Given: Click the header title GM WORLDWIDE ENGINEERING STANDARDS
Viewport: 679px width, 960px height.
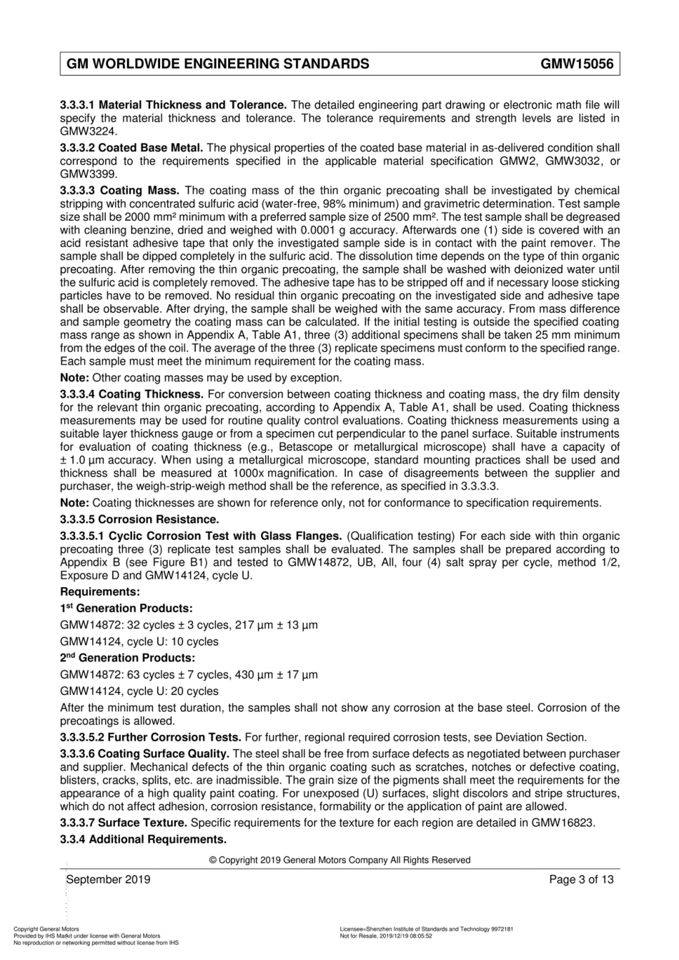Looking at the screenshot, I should pos(218,64).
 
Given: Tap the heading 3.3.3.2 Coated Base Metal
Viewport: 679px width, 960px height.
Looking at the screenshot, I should pos(132,148).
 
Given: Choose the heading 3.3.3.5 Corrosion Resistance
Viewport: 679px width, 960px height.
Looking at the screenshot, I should pos(139,519).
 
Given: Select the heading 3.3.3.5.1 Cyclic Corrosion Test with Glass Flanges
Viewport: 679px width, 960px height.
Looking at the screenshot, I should pos(201,536).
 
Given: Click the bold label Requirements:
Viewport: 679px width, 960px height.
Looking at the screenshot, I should pos(100,592).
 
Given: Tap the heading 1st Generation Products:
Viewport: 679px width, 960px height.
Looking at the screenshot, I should pos(127,609).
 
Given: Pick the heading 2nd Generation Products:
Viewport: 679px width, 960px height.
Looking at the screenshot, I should pos(127,658).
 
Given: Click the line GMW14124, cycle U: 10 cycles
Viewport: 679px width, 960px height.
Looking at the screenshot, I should pos(139,641).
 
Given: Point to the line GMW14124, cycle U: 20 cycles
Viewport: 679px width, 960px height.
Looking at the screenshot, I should pos(139,691).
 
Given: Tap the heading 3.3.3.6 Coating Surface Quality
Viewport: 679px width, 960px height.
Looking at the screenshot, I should pos(145,754).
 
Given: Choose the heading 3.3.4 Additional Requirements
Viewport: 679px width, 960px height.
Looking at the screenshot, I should pos(143,839).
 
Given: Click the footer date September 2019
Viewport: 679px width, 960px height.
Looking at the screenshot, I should pos(108,879).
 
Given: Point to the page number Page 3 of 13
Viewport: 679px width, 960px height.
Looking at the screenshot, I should pos(581,879).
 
